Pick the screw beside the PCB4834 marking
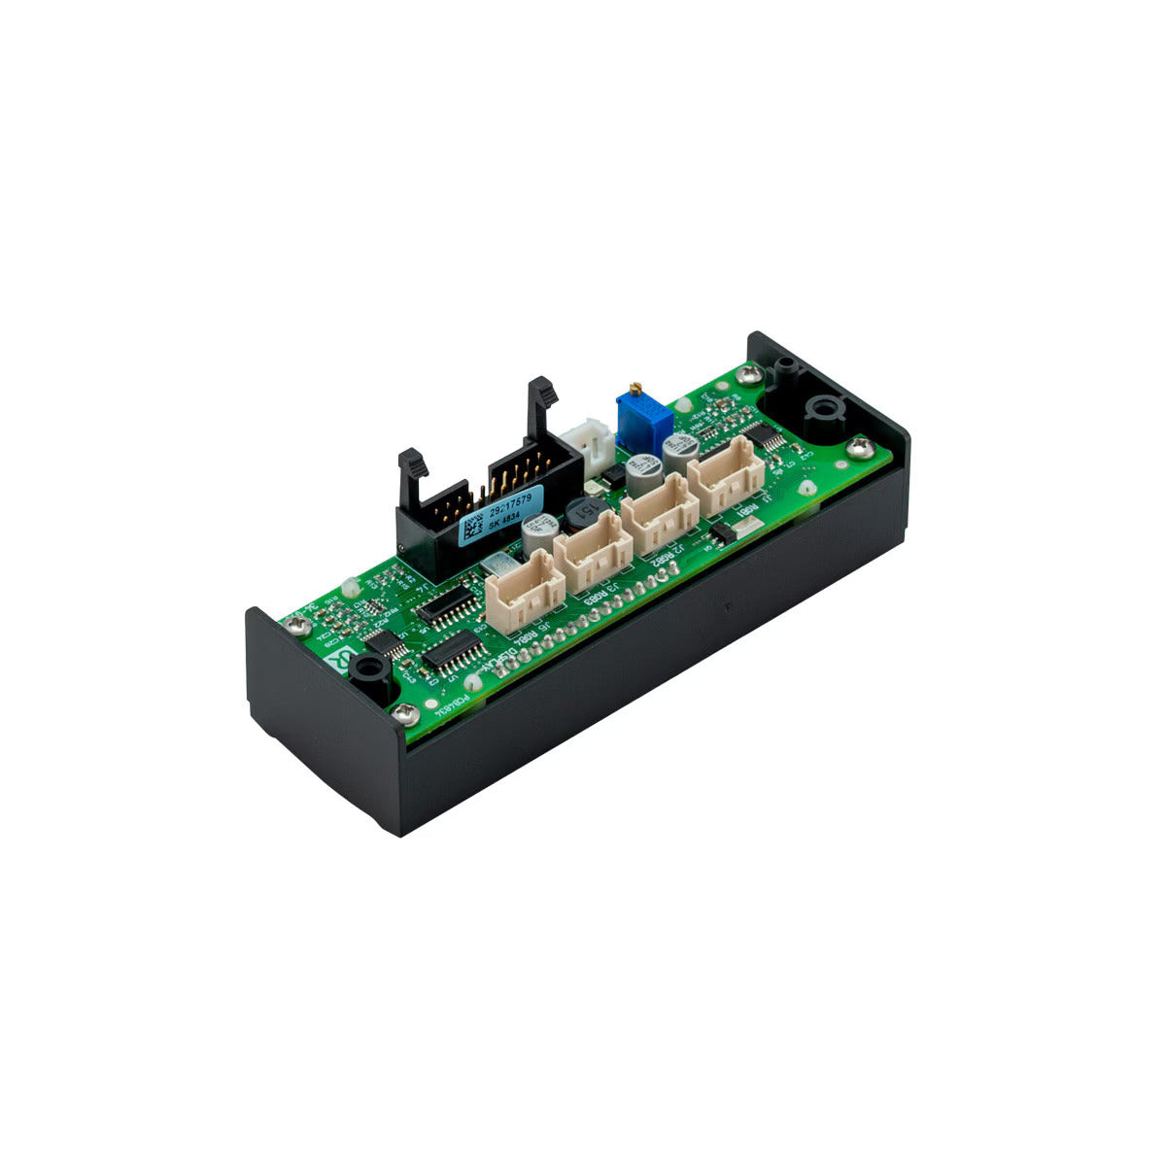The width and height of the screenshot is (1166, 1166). click(406, 714)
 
